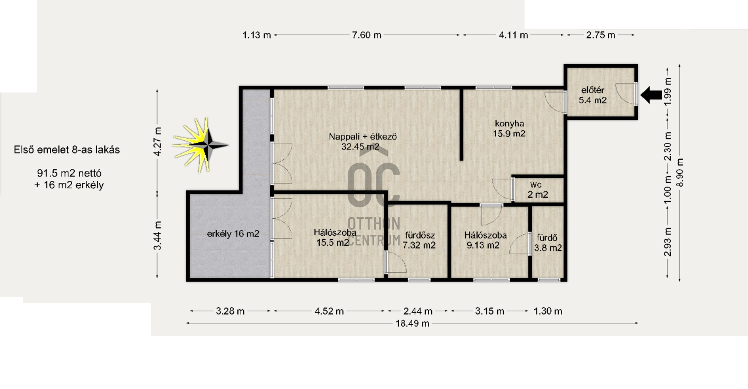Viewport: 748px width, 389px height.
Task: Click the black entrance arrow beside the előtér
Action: coord(651,95)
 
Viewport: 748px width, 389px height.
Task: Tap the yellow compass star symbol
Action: coord(201,145)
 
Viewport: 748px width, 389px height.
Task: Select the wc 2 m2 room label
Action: coord(537,190)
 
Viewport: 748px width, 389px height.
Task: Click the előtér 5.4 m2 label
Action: coord(593,95)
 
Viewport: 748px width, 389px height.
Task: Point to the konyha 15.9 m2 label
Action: coord(509,128)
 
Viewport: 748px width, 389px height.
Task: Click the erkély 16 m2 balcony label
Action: coord(233,234)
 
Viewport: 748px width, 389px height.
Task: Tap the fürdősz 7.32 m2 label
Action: coord(419,240)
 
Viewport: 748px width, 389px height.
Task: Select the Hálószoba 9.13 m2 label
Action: coord(485,240)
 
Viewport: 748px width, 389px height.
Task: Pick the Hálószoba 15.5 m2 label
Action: coord(335,237)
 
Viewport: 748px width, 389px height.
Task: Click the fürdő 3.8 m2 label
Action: coord(548,243)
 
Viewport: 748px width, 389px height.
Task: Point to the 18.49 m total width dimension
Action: coord(412,324)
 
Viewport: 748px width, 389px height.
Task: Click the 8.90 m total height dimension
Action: coord(680,172)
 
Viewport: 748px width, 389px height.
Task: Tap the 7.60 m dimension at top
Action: coord(367,35)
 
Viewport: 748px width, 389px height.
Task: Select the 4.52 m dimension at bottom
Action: coord(329,311)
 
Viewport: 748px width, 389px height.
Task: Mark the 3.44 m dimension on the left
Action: coord(157,235)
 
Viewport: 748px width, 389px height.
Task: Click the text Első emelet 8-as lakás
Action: coord(67,150)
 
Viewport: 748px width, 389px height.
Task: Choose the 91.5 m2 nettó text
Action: coord(69,173)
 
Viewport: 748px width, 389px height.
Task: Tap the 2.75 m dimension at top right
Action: coord(600,35)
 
